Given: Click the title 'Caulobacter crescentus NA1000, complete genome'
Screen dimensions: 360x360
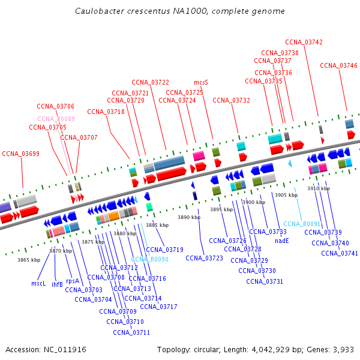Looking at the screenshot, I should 180,11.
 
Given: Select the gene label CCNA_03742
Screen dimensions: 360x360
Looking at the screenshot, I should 304,42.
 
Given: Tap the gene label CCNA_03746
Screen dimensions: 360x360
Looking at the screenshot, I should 338,65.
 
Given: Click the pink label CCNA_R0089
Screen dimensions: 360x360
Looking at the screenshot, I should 56,119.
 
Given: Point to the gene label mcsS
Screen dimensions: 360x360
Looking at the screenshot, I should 201,82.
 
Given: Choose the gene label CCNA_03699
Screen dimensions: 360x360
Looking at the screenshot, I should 20,154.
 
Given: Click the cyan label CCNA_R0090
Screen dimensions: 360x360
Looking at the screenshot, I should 149,259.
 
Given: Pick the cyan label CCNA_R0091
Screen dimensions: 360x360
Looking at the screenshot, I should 302,224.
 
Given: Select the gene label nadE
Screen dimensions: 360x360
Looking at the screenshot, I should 282,241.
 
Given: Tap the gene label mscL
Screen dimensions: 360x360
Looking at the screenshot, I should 38,283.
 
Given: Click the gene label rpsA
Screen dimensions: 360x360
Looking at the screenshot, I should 73,281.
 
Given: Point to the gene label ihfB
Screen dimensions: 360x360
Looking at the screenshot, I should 57,284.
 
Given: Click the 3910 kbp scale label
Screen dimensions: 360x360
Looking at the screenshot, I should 318,188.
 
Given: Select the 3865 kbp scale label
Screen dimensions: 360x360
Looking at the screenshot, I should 29,260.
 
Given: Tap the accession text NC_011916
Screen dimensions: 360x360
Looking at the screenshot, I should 64,349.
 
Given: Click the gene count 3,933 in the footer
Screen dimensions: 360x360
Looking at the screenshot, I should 343,349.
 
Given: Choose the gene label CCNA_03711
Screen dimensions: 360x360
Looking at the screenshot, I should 131,332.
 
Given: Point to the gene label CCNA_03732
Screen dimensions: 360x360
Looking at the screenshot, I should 231,100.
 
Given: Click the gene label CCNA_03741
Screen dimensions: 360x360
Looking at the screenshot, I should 340,253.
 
